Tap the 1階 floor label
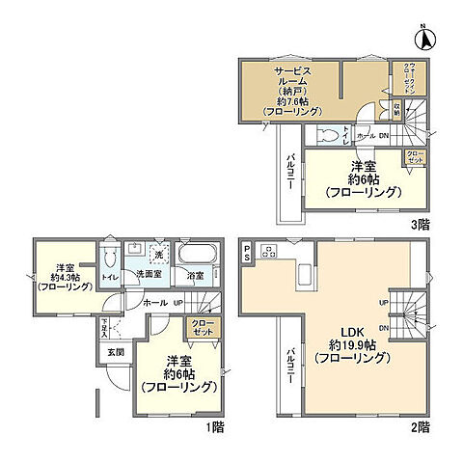click(x=207, y=425)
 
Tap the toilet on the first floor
click(x=110, y=259)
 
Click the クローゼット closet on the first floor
click(x=204, y=328)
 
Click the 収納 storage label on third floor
click(x=395, y=109)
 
